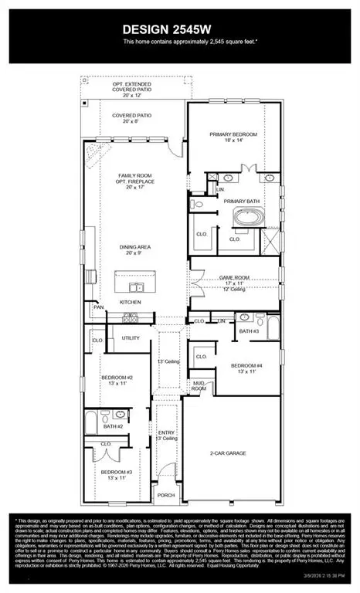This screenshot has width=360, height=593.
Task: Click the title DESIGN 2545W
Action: [x=179, y=30]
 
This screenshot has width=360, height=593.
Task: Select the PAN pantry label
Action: [x=99, y=307]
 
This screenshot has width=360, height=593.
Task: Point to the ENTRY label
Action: [x=166, y=435]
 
